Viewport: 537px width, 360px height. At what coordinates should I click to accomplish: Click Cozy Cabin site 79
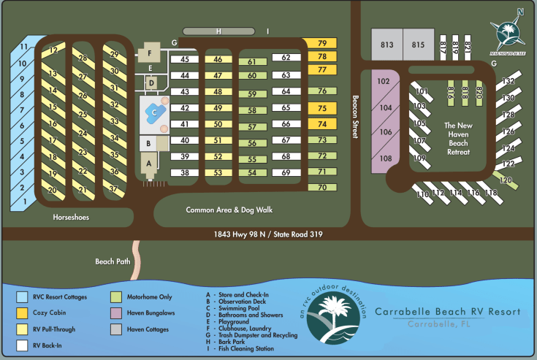click(x=322, y=44)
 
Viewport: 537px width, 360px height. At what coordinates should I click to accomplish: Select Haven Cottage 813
click(x=386, y=45)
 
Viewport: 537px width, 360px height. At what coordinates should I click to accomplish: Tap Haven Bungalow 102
click(x=384, y=81)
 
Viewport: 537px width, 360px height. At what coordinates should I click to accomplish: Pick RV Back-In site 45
click(x=185, y=59)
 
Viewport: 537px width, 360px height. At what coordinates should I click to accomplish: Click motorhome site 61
click(x=251, y=63)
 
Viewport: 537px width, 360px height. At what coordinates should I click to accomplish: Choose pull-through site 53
click(x=218, y=172)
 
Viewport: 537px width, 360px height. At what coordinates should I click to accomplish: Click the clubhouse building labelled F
click(x=150, y=53)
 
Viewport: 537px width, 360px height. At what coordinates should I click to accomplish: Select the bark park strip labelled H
click(x=218, y=31)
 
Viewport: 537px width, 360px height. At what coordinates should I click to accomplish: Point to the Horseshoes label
click(x=71, y=217)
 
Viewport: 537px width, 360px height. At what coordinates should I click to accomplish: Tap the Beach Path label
click(x=111, y=261)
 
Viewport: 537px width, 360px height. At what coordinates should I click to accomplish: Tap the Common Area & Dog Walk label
click(x=229, y=210)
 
